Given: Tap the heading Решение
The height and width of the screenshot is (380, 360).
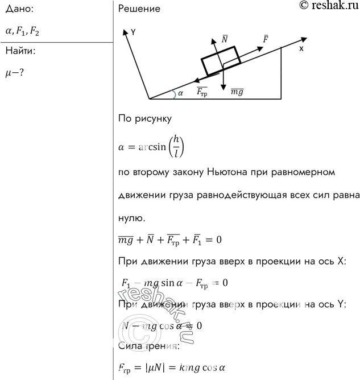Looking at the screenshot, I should click(139, 9).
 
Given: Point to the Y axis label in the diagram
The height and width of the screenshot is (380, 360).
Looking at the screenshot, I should click(133, 33).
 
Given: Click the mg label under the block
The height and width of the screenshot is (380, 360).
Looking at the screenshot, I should click(238, 91).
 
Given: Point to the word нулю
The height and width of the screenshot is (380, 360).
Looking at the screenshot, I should click(131, 218).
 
